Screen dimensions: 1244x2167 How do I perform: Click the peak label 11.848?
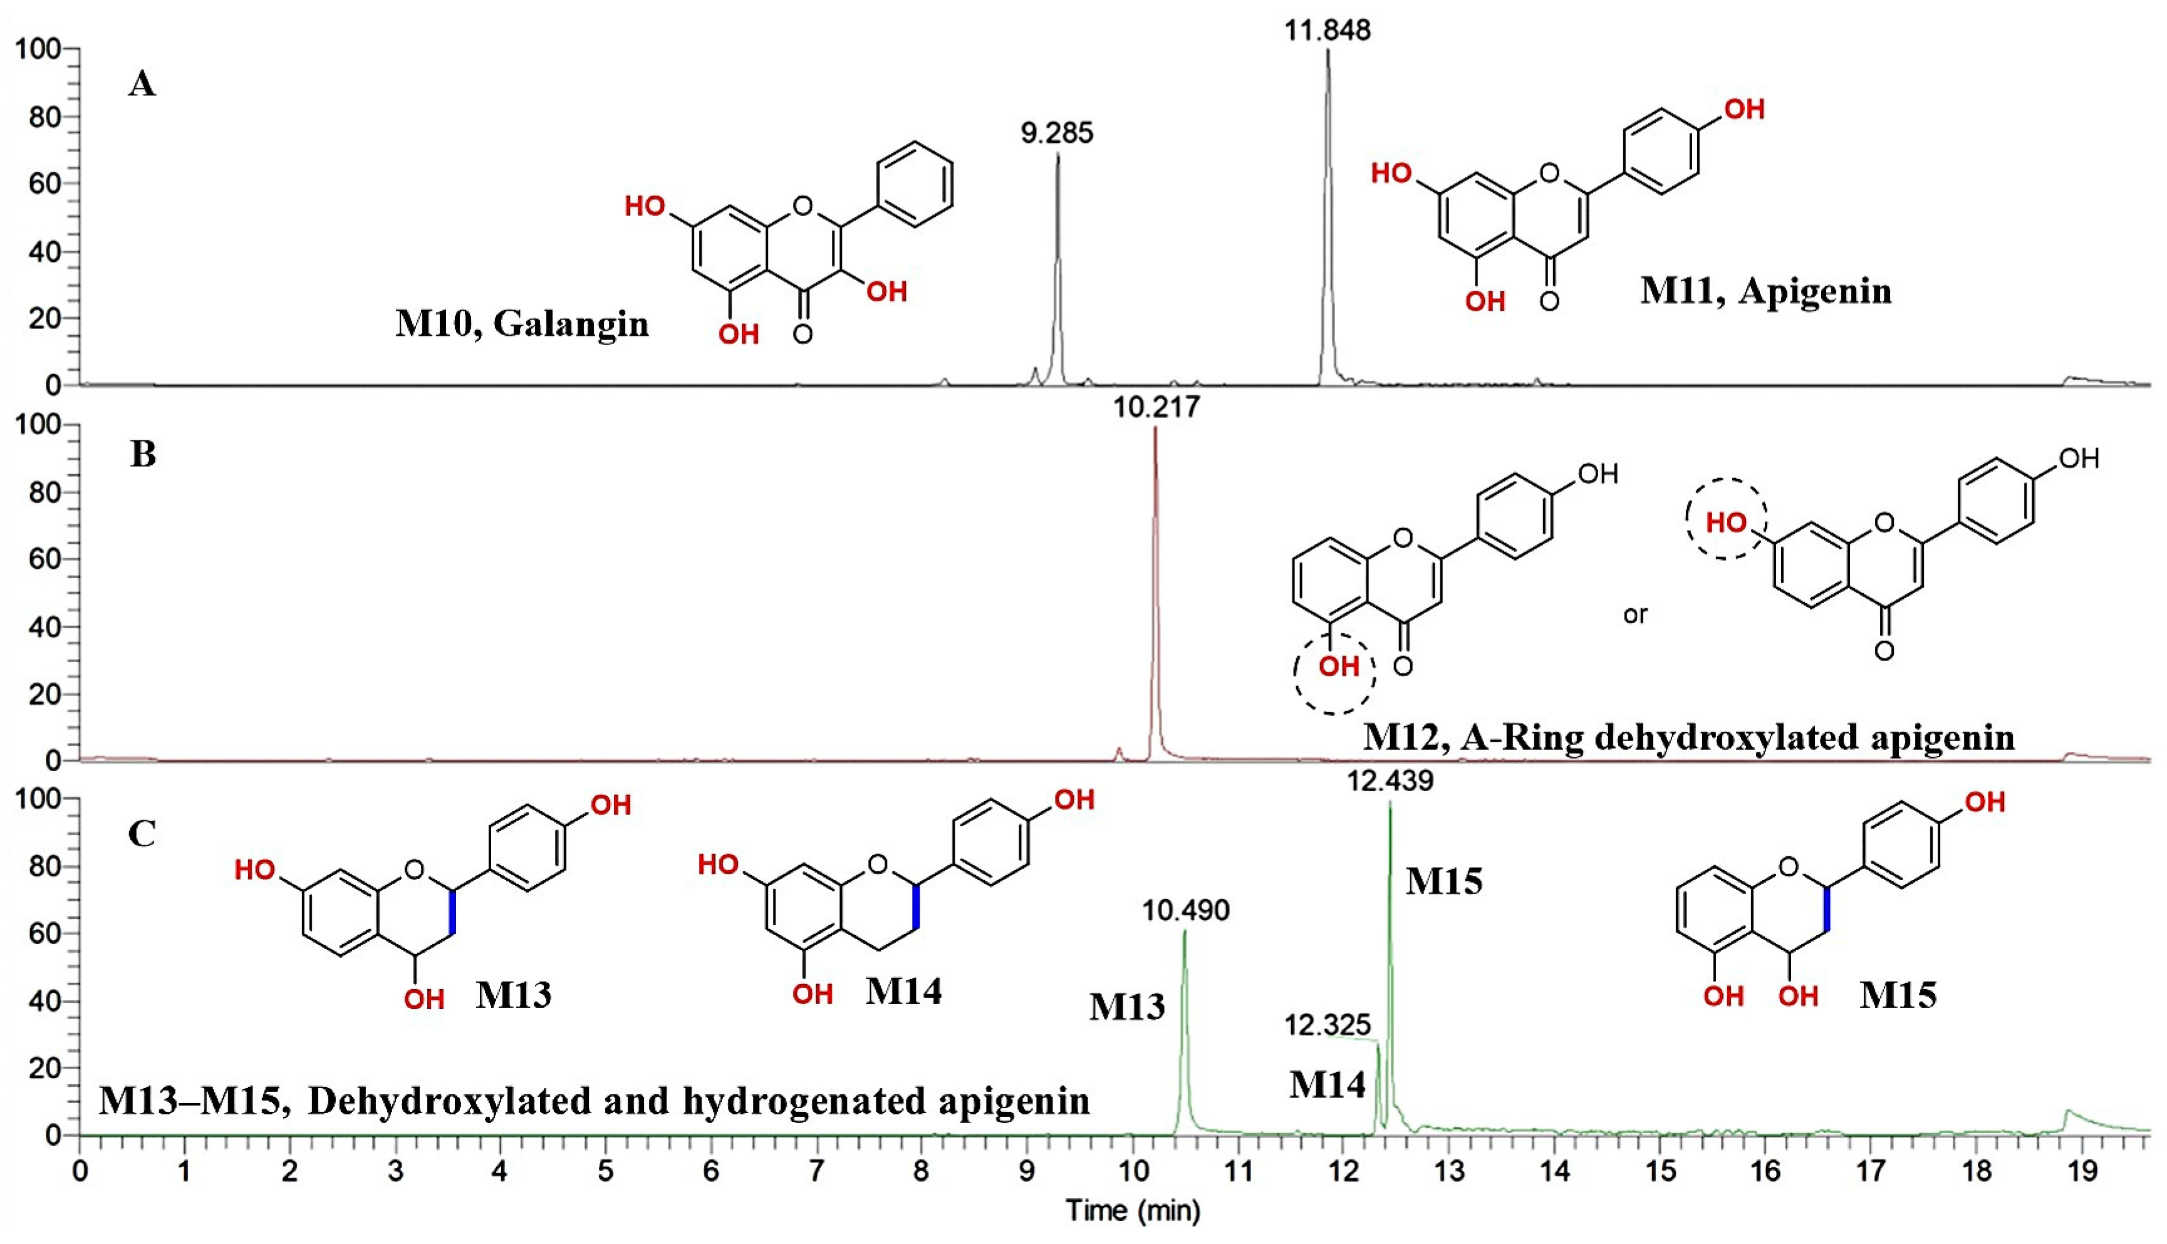[x=1327, y=31]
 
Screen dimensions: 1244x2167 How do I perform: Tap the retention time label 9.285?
[x=1057, y=133]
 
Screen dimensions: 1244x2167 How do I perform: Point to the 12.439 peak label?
[x=1390, y=781]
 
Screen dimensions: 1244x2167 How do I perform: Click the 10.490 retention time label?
[x=1186, y=911]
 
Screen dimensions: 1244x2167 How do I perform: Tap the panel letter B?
[x=143, y=455]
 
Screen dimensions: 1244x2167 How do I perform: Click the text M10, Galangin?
[x=522, y=324]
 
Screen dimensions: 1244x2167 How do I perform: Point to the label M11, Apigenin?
[x=1765, y=291]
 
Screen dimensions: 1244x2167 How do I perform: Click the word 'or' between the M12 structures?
[x=1634, y=614]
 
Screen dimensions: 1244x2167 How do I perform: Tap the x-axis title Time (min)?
[x=1132, y=1211]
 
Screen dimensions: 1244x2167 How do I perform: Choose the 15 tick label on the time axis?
[x=1660, y=1171]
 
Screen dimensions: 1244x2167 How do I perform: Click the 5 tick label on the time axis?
[x=605, y=1171]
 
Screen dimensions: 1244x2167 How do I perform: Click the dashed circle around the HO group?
[x=1726, y=519]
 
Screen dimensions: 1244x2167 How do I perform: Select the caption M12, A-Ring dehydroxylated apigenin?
[x=1688, y=737]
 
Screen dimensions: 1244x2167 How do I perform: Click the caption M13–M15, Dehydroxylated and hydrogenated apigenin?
[x=595, y=1101]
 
